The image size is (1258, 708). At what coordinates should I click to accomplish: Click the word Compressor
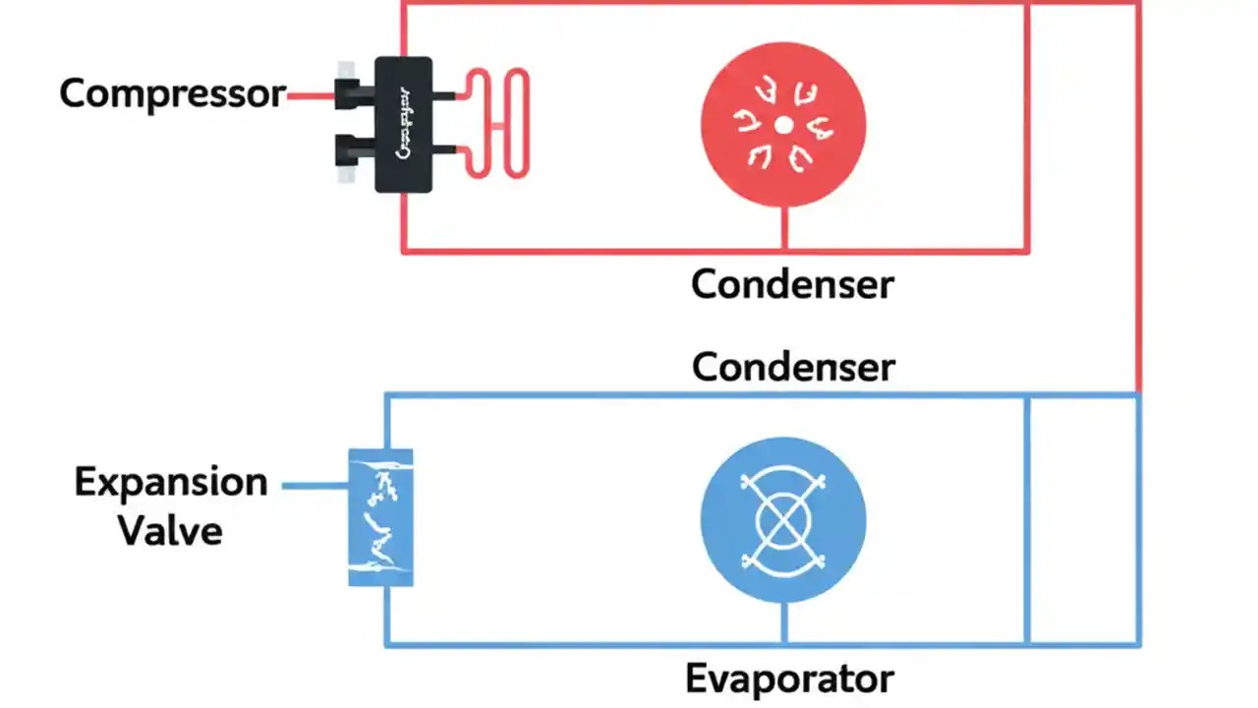click(x=172, y=94)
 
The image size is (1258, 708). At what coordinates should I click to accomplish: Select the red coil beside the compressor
click(x=496, y=124)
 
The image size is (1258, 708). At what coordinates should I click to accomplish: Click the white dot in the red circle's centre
click(x=783, y=125)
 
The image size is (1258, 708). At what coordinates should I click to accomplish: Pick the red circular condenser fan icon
click(x=747, y=157)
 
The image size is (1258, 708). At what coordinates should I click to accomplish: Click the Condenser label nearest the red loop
click(x=792, y=285)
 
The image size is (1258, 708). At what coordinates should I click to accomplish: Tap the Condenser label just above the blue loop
click(x=792, y=368)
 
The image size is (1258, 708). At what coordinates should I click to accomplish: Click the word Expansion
click(x=171, y=483)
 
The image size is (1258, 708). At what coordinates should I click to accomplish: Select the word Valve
click(x=170, y=532)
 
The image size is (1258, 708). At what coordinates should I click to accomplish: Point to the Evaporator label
click(x=789, y=679)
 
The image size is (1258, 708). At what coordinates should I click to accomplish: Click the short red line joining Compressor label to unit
click(x=310, y=95)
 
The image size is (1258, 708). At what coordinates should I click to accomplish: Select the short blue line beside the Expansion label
click(x=314, y=485)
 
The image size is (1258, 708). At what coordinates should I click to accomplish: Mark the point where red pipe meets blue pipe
click(x=1139, y=393)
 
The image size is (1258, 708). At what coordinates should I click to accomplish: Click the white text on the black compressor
click(x=403, y=125)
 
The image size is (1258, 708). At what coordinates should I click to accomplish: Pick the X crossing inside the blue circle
click(x=783, y=518)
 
